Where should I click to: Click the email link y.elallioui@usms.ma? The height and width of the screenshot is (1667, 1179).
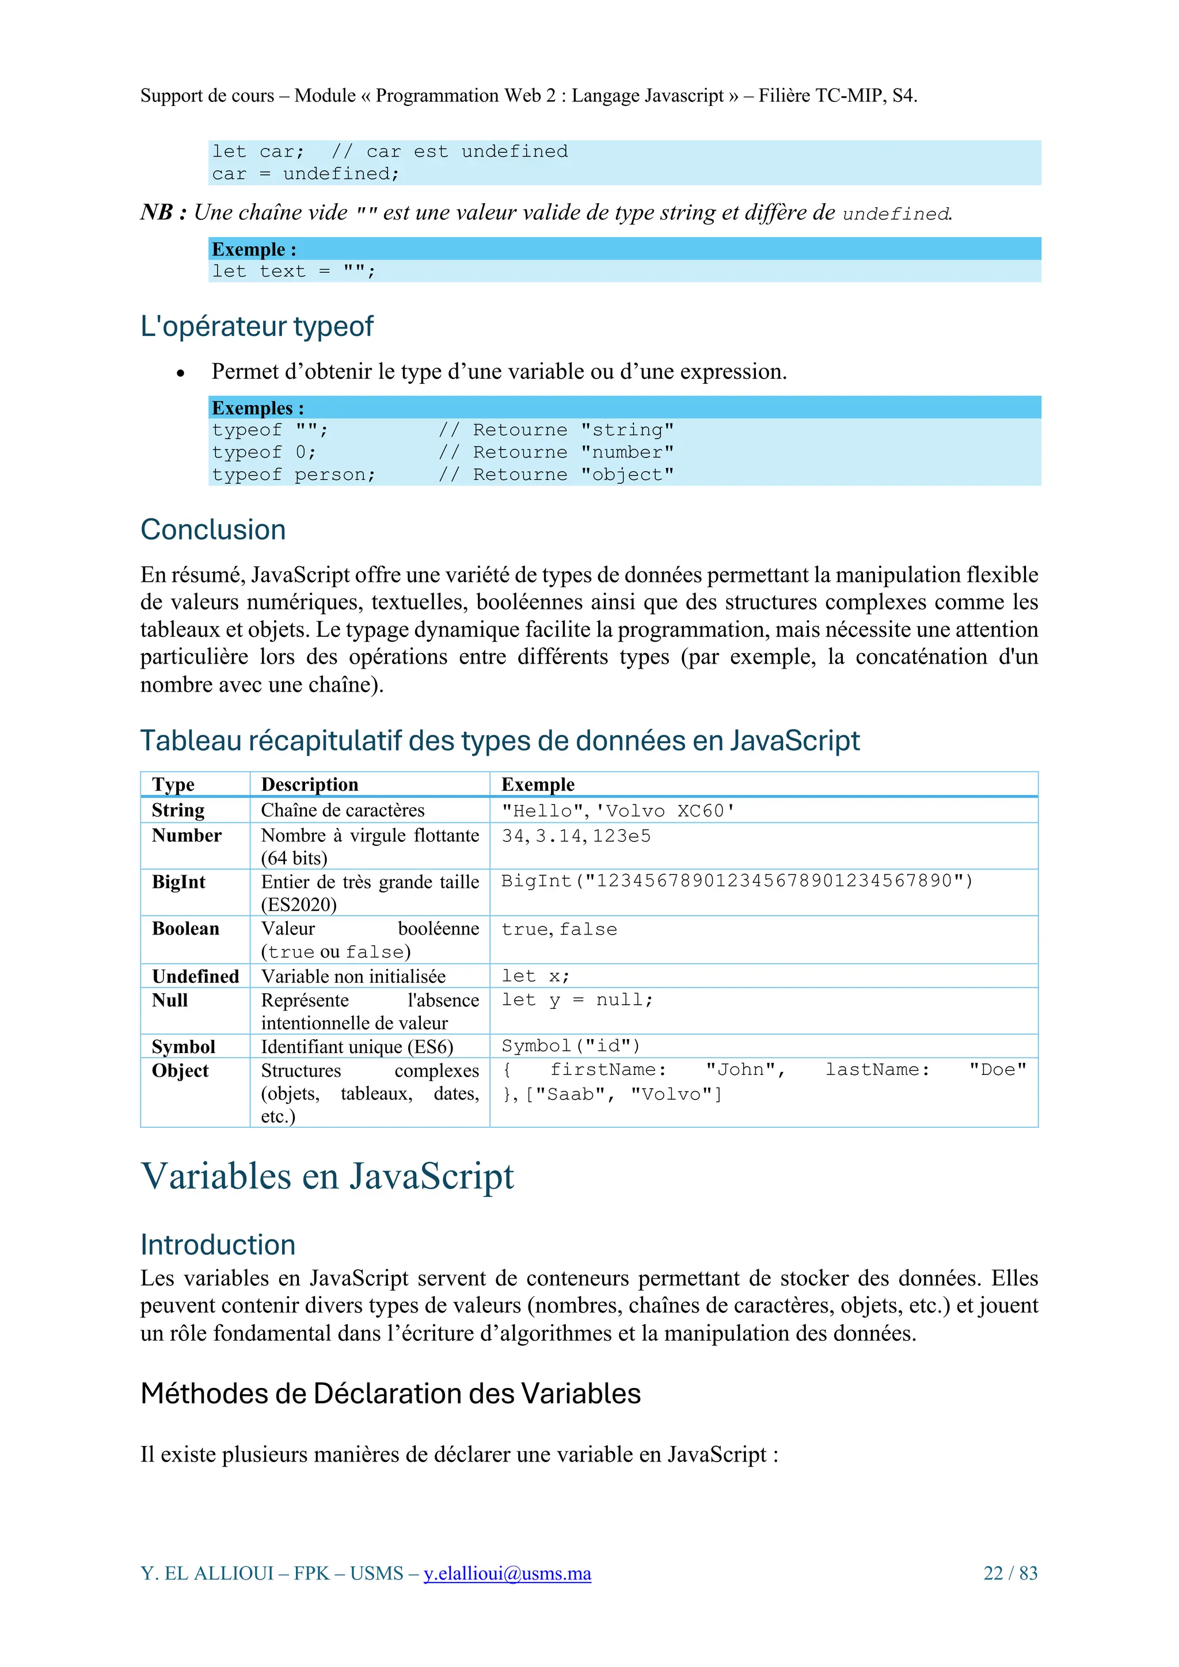point(507,1573)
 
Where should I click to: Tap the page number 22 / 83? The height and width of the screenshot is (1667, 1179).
point(1010,1573)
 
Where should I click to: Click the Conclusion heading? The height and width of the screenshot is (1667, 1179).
point(213,530)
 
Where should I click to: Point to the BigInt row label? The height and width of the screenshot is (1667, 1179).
point(178,882)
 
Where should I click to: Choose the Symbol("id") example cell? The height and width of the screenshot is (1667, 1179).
point(571,1046)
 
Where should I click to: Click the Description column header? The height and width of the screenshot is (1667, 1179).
point(310,784)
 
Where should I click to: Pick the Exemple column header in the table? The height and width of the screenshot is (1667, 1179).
point(538,784)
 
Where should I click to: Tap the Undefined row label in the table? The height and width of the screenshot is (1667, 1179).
point(195,976)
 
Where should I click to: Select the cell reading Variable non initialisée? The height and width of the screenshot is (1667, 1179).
point(353,976)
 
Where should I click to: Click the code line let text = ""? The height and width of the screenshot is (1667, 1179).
point(294,272)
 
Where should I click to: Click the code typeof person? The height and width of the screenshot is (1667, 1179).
point(294,475)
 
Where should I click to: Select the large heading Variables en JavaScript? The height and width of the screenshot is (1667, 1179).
point(327,1176)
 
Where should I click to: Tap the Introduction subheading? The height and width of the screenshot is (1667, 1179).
point(218,1245)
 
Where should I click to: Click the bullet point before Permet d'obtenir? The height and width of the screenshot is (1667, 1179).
point(180,373)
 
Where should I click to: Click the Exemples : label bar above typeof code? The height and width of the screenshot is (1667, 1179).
point(258,407)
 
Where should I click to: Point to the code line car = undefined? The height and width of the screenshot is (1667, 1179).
point(305,174)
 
